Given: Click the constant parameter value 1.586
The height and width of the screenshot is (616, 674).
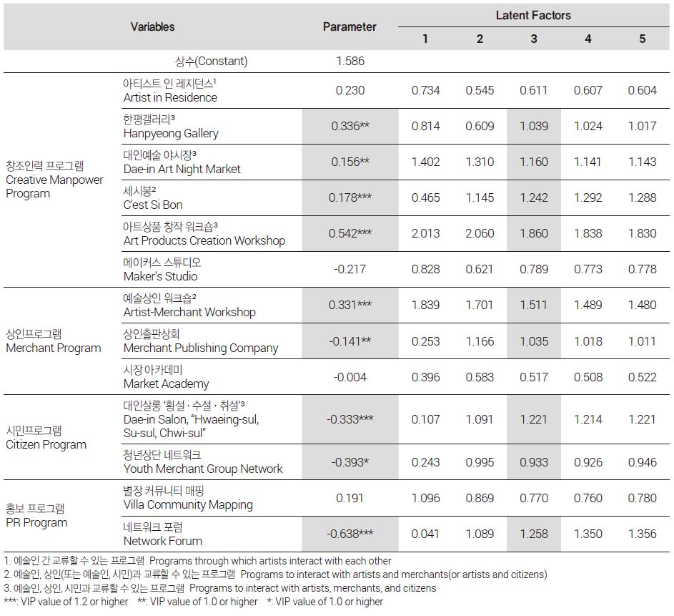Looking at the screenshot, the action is (350, 61).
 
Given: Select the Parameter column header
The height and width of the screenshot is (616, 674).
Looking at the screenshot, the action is (350, 26).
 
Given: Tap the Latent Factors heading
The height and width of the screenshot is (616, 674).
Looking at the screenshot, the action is (533, 16).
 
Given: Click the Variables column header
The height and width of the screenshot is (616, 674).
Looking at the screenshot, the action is (152, 26).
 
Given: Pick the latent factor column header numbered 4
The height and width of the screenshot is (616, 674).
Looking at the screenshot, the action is (588, 39).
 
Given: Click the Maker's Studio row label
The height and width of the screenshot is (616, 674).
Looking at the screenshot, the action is (162, 269).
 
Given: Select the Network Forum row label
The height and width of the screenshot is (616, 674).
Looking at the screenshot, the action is (162, 534).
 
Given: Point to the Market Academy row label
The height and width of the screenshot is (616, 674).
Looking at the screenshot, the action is (166, 377).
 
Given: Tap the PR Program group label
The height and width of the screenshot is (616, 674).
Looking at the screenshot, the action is (36, 515).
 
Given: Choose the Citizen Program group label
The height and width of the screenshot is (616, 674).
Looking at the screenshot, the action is (46, 437).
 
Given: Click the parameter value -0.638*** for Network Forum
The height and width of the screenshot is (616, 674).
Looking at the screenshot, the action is (350, 534).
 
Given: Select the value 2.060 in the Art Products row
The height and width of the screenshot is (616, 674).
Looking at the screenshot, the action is (480, 233).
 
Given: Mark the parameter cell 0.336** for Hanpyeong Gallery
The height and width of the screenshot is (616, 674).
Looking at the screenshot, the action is (350, 126).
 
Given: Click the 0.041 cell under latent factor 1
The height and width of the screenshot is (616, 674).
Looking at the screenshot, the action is (425, 534).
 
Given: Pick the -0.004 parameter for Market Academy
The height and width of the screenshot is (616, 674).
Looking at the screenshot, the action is (350, 377).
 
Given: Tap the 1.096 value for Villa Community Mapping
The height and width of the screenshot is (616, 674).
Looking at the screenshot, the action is (425, 498).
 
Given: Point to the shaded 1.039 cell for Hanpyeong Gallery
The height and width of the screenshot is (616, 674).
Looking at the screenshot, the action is (534, 126).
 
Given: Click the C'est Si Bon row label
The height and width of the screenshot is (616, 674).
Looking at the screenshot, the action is (153, 198).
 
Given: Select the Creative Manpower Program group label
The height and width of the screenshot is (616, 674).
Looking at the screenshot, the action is (54, 180).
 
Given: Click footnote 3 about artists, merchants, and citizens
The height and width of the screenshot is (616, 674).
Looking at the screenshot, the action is (220, 588).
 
